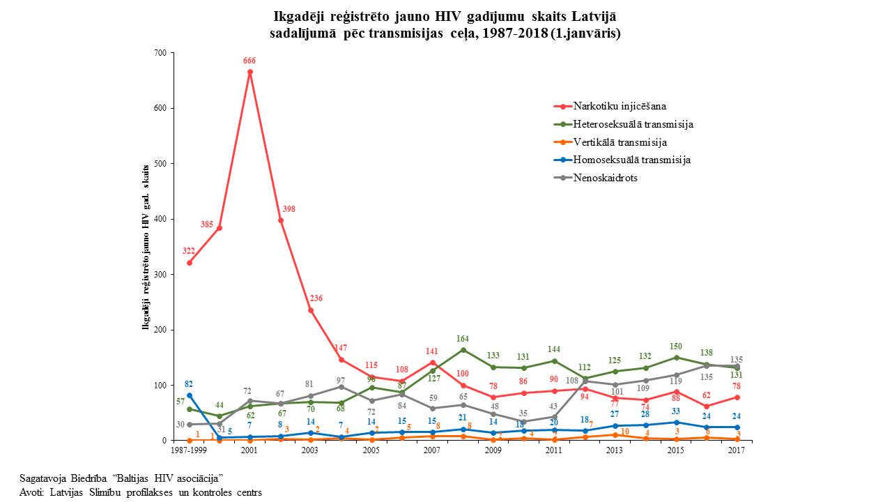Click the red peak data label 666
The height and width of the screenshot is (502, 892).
click(249, 61)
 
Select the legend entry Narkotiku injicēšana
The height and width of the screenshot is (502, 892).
click(620, 107)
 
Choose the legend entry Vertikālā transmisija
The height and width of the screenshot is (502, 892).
click(620, 142)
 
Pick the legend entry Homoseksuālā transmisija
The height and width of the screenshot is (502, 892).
click(631, 160)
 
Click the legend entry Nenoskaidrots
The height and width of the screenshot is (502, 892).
click(605, 178)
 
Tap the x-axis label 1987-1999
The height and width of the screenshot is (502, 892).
click(190, 450)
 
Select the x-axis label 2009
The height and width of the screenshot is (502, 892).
click(493, 450)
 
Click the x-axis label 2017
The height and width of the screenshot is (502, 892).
click(736, 450)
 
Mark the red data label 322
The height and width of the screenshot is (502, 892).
click(189, 251)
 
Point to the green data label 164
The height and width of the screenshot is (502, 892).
click(463, 339)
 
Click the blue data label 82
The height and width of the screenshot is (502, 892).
click(189, 384)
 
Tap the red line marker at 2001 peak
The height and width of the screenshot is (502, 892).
click(250, 72)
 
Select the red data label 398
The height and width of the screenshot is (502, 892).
click(289, 209)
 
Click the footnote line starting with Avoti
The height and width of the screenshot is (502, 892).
click(141, 492)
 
